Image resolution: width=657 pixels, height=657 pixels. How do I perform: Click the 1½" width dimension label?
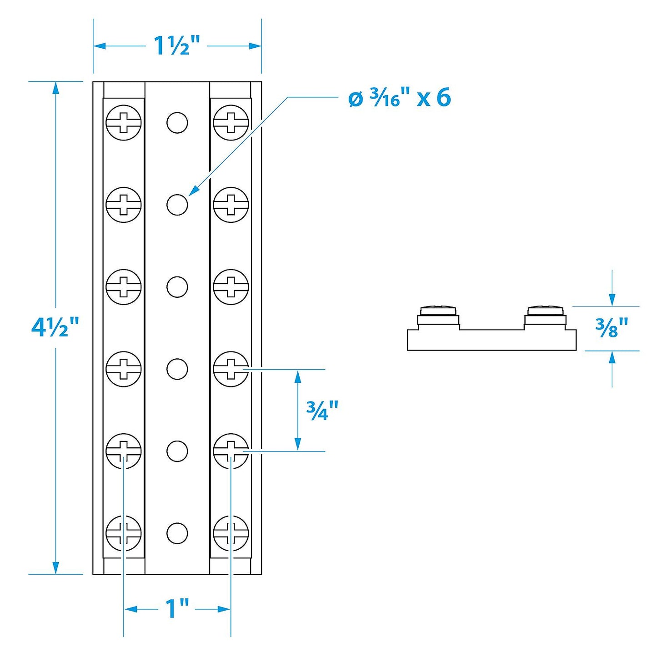click(176, 46)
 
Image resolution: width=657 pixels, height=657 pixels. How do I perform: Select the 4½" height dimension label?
click(55, 327)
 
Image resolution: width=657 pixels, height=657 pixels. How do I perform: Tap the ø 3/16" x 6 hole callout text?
click(400, 98)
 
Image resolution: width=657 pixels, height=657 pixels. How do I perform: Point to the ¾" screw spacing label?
click(322, 411)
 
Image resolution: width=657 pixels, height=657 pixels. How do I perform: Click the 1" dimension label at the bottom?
click(177, 609)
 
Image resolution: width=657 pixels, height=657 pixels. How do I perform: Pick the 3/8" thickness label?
click(612, 327)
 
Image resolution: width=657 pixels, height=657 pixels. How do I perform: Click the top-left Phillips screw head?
click(124, 123)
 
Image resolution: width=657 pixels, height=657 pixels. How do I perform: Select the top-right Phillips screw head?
click(231, 123)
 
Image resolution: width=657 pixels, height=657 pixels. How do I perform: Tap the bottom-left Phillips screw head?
click(124, 533)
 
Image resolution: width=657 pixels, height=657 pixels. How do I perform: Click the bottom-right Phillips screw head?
click(231, 533)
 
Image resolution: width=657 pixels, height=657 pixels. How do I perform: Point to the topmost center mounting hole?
click(177, 123)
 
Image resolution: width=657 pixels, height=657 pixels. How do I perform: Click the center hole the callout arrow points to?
click(177, 205)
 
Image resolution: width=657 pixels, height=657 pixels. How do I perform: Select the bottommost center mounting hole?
click(177, 533)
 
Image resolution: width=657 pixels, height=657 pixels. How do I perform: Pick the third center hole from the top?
click(177, 287)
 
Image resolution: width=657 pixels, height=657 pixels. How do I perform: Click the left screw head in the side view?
click(438, 311)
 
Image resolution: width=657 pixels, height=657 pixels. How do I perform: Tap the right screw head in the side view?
click(545, 311)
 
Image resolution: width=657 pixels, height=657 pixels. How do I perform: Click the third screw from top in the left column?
click(124, 287)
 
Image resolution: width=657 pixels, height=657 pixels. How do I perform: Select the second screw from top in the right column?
click(231, 205)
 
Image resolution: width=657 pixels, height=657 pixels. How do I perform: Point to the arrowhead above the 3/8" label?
click(612, 300)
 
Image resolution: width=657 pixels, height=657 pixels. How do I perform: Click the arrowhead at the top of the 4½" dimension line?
click(56, 88)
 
